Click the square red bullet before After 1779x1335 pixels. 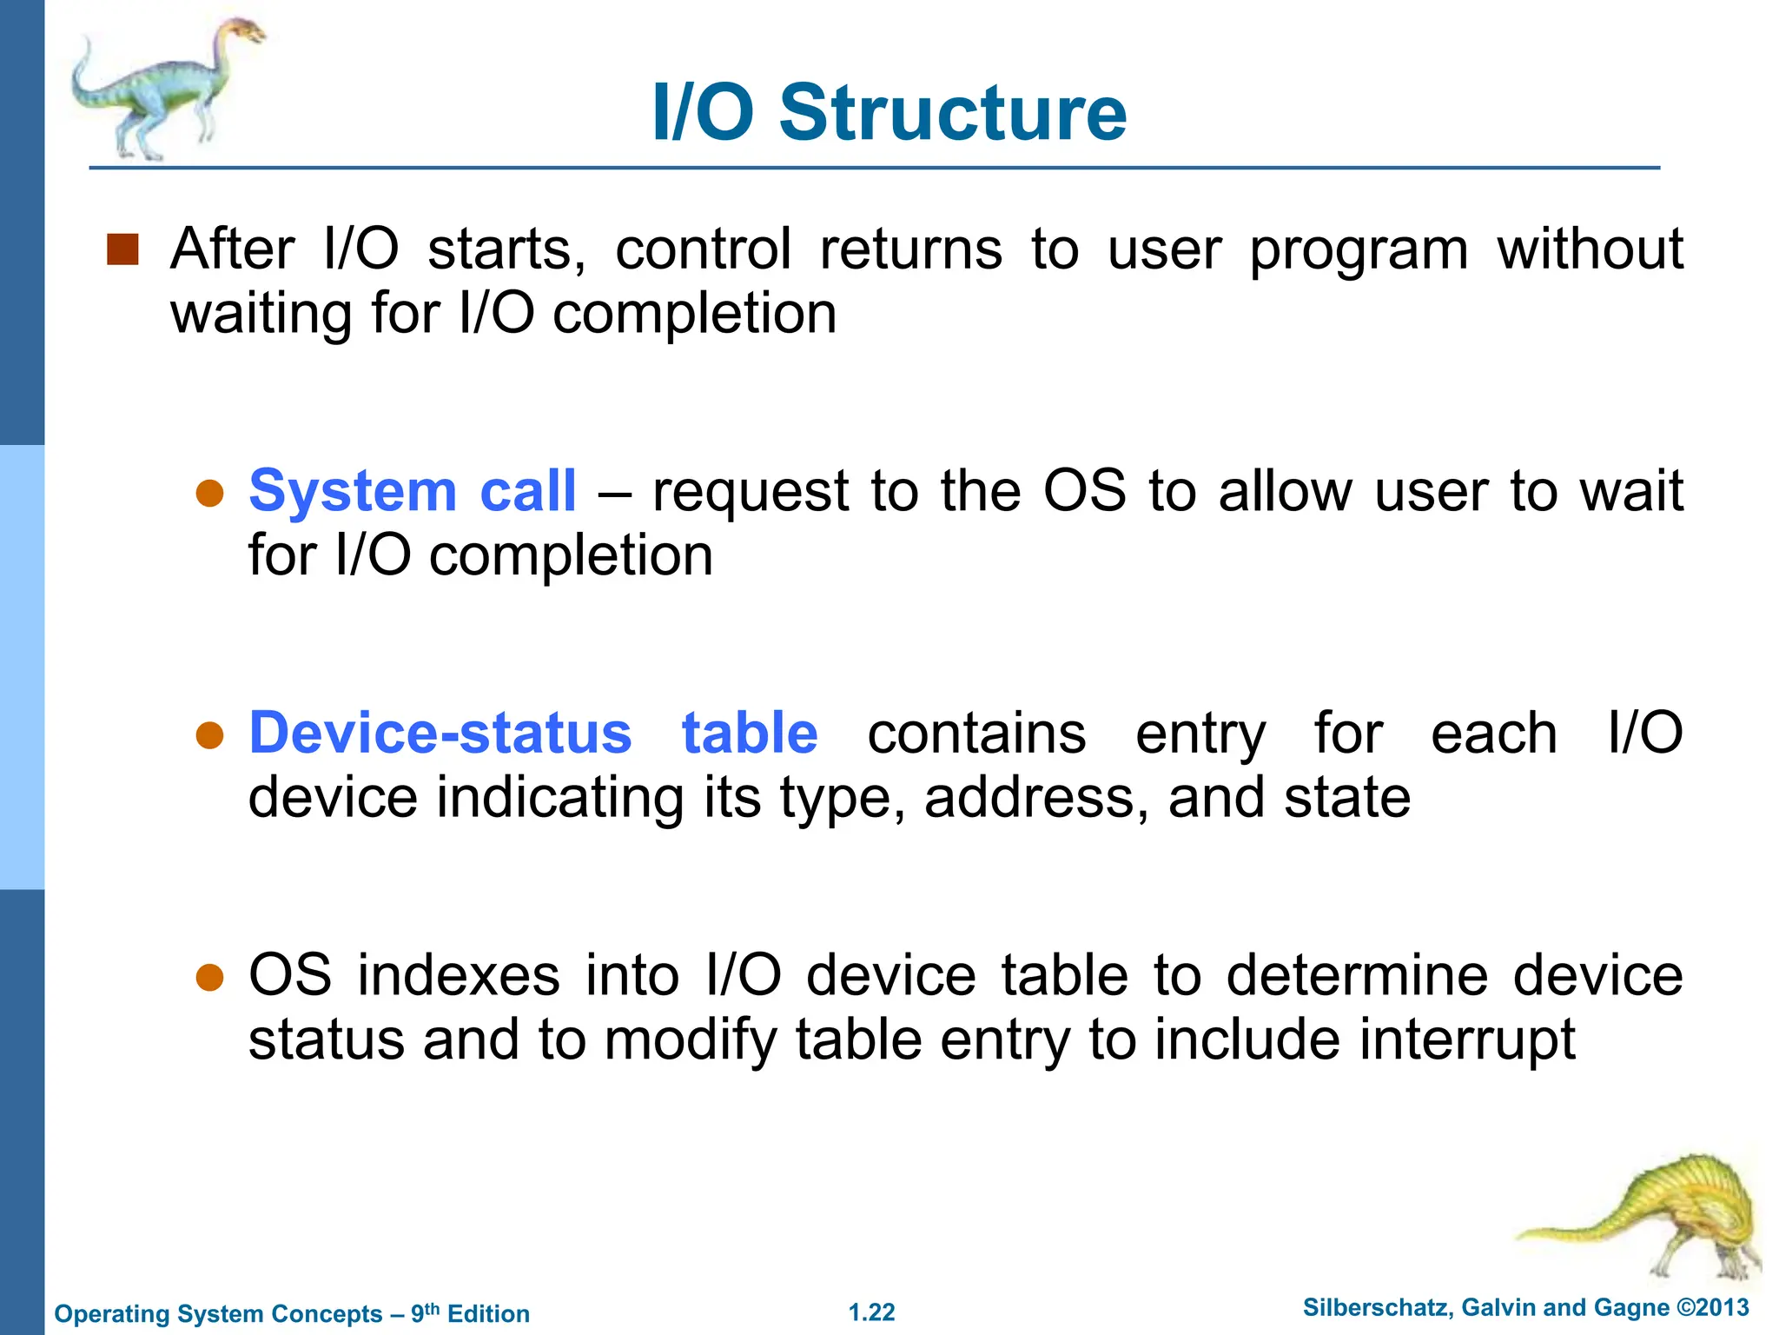(x=122, y=249)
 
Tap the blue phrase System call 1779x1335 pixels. (x=412, y=491)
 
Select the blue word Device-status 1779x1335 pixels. (x=440, y=733)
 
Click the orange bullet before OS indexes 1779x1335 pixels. (x=210, y=978)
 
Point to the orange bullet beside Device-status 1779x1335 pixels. (x=210, y=736)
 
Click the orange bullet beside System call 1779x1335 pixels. (x=210, y=494)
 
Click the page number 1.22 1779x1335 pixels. (x=871, y=1312)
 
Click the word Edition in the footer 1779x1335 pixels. (x=488, y=1314)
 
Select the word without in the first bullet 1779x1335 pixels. (x=1589, y=249)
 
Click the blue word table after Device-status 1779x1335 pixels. (x=749, y=733)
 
